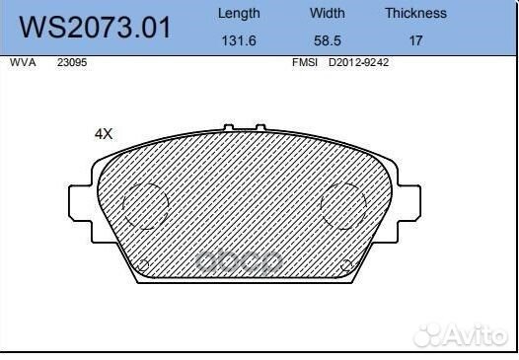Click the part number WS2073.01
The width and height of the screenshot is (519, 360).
[x=97, y=28]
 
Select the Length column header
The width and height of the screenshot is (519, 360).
[x=238, y=14]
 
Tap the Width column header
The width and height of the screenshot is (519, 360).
[x=328, y=14]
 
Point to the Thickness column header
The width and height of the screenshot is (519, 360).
[x=415, y=14]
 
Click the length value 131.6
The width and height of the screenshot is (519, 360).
[x=238, y=42]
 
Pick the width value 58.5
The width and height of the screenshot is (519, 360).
[x=328, y=42]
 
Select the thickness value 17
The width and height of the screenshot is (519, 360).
[x=415, y=42]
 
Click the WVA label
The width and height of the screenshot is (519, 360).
[x=21, y=61]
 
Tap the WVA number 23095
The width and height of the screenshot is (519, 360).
[x=71, y=61]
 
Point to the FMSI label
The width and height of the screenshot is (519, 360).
[x=304, y=61]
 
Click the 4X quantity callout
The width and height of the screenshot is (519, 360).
[x=104, y=133]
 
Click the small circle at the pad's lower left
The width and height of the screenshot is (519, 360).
[x=142, y=265]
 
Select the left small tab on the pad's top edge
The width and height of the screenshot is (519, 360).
[x=229, y=128]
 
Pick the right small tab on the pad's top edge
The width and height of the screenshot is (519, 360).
[x=261, y=128]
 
